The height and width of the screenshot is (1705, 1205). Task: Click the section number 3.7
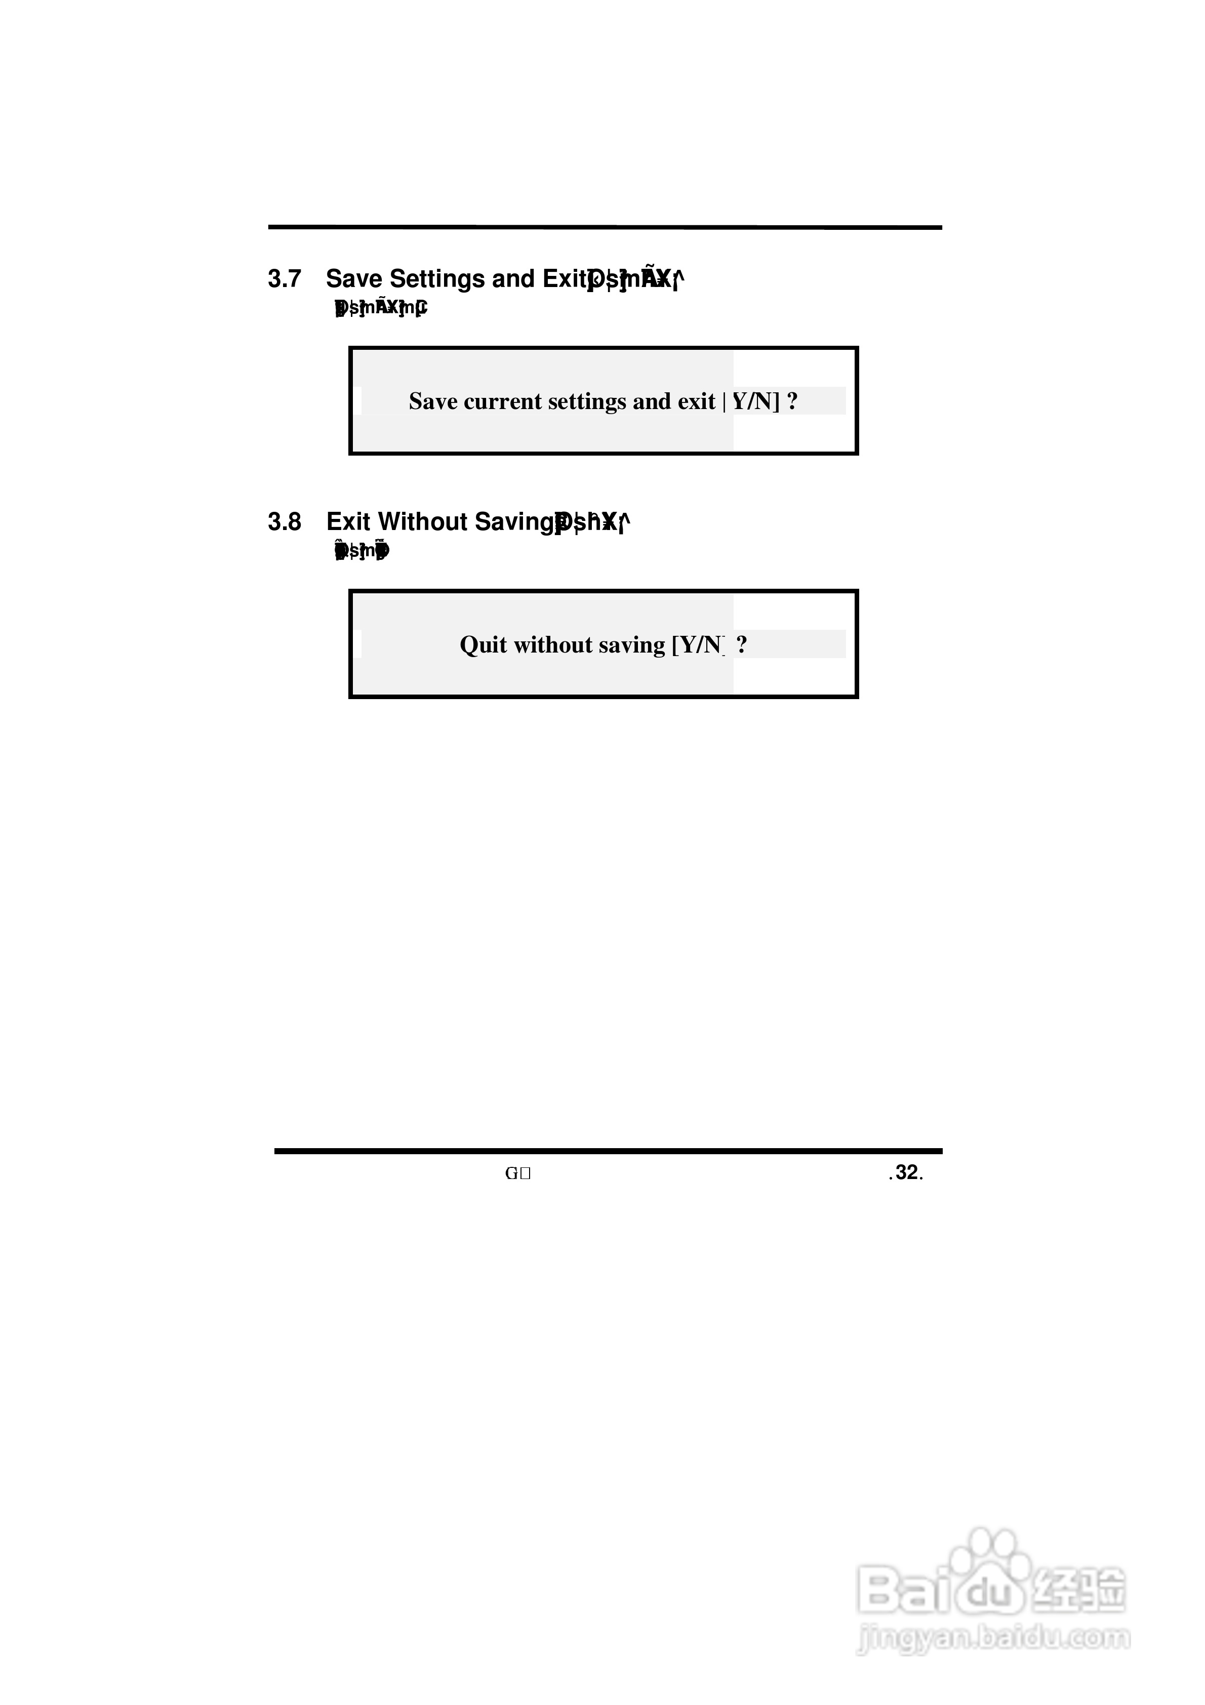click(285, 279)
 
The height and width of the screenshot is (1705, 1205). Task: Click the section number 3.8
click(285, 522)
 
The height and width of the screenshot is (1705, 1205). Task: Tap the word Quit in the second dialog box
click(483, 644)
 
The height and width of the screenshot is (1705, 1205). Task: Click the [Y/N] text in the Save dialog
click(755, 402)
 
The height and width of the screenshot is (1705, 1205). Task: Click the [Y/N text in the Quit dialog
click(698, 644)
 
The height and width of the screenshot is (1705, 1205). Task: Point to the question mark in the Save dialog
click(792, 402)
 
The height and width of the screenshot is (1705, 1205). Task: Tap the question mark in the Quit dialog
click(741, 644)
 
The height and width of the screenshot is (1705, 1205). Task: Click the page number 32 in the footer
click(906, 1172)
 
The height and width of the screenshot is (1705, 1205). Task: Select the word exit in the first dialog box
click(696, 402)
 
